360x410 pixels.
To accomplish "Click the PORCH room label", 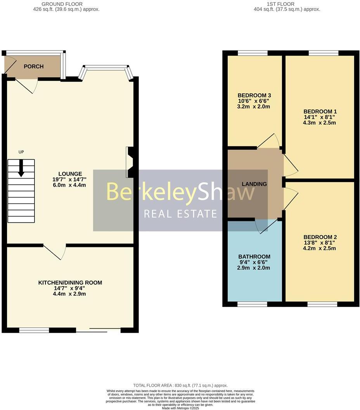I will click(x=34, y=66).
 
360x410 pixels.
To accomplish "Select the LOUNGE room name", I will click(x=70, y=174).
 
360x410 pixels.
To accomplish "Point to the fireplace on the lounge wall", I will click(x=130, y=162).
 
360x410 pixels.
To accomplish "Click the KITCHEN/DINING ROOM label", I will click(x=70, y=283).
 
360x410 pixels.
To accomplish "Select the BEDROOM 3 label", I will click(x=254, y=96).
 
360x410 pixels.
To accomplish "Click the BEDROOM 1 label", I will click(x=320, y=111).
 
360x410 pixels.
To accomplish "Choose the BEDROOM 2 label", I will click(x=320, y=237).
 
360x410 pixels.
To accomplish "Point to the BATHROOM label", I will click(x=254, y=257).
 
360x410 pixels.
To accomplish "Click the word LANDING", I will click(x=254, y=184).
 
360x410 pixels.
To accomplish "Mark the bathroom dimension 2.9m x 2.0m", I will click(x=254, y=268).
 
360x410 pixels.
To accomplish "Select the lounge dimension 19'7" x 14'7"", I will click(x=70, y=179).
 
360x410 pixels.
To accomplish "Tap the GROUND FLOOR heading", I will click(x=66, y=4).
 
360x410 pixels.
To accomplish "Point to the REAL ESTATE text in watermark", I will click(x=180, y=214).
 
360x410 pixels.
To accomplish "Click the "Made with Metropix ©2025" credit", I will click(x=180, y=408).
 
